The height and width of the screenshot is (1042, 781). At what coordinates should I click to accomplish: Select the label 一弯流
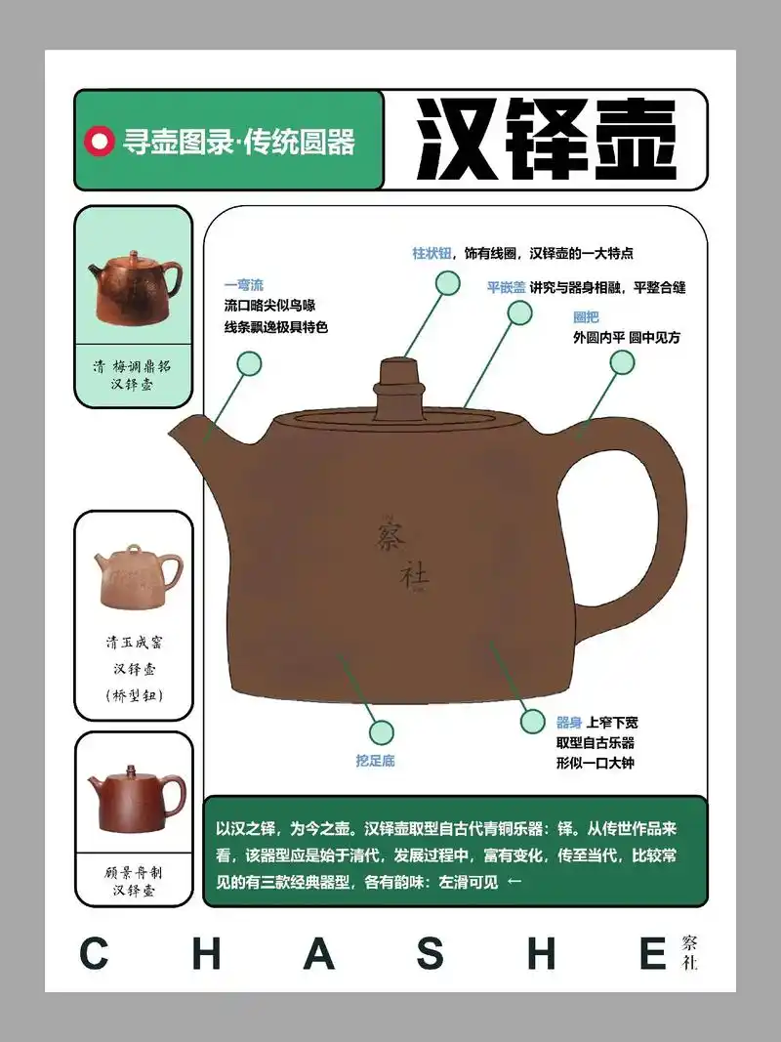coord(244,285)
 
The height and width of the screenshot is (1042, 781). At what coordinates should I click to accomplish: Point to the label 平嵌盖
coord(507,287)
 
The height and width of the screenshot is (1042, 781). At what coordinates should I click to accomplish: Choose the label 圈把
coord(586,317)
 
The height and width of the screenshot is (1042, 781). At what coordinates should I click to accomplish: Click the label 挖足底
coord(375,761)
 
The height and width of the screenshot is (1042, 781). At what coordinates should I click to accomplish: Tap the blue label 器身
coord(568,723)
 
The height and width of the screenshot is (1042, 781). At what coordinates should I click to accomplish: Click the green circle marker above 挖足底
coord(381,730)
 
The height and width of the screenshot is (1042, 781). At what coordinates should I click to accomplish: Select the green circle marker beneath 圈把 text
coord(622,363)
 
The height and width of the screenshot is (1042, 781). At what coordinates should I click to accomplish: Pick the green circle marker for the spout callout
coord(249,364)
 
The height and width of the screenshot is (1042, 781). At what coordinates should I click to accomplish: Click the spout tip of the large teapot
coord(176,430)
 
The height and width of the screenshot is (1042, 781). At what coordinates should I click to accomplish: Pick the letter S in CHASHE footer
coord(431,953)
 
